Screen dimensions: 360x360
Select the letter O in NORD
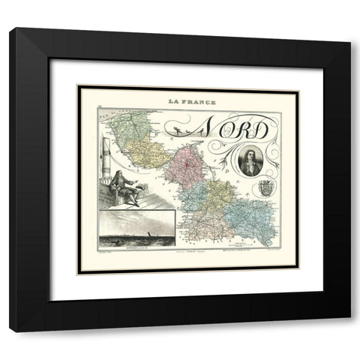tap(233, 130)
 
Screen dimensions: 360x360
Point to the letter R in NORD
tap(248, 130)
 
